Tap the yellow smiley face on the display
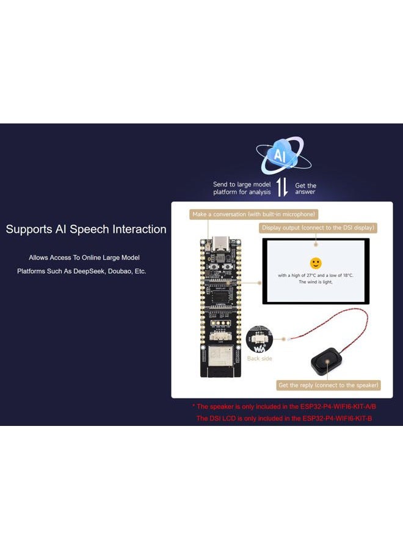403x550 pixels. pos(316,263)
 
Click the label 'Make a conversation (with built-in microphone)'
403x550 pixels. pos(254,215)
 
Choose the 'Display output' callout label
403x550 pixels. pos(318,228)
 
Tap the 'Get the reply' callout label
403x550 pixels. pos(329,385)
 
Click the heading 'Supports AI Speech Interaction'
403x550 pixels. pos(86,230)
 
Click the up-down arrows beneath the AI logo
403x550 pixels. pos(282,188)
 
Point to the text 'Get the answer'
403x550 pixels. pos(305,189)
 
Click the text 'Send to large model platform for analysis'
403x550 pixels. pos(242,188)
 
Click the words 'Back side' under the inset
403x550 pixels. pos(260,359)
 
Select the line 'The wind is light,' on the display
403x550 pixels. pos(315,282)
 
